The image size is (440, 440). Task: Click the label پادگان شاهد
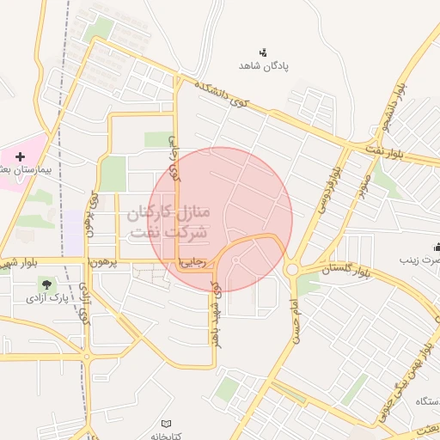point(262,65)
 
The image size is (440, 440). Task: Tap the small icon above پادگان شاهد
point(263,52)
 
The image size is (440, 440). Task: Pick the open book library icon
point(168,423)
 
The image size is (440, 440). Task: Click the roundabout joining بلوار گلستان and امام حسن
point(291,269)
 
